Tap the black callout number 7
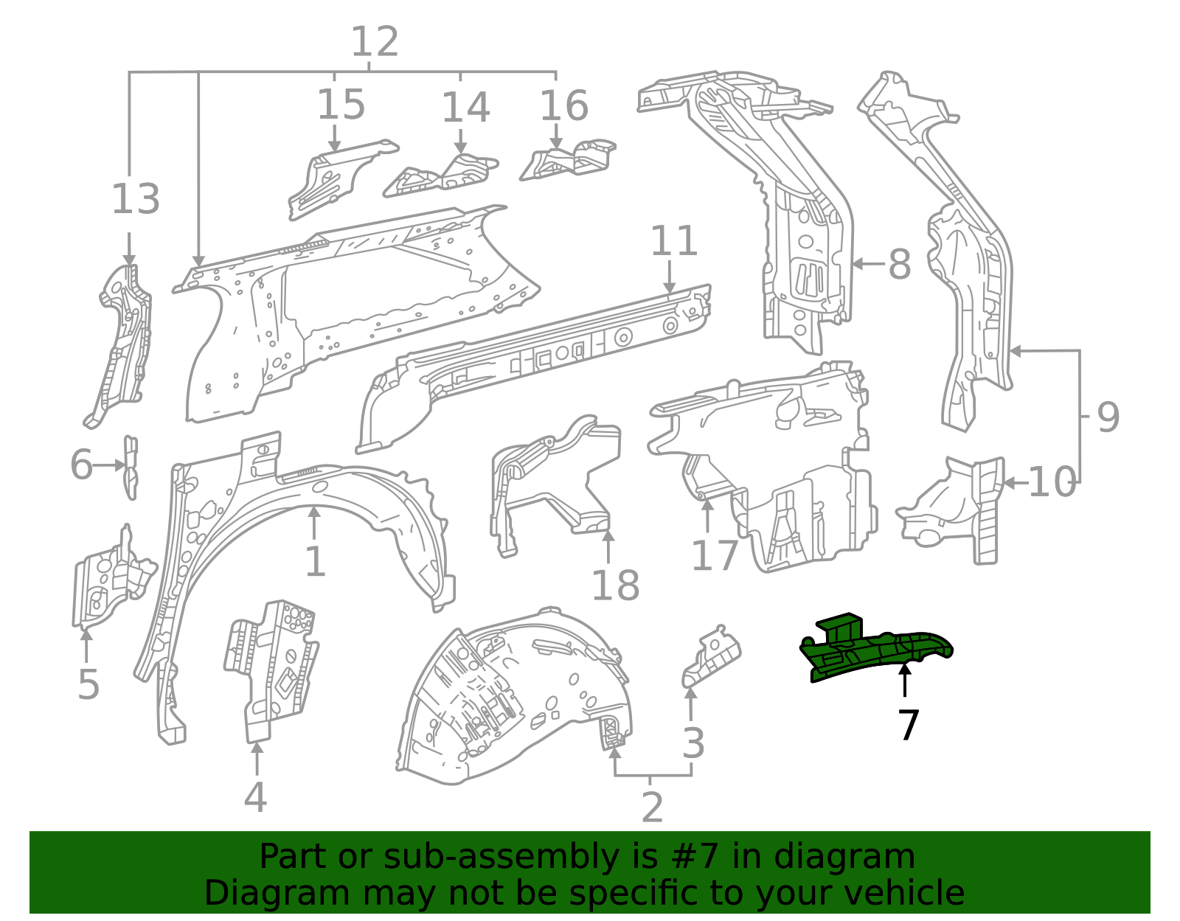click(x=909, y=726)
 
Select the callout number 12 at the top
click(x=375, y=42)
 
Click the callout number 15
click(x=341, y=105)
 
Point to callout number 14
click(x=465, y=108)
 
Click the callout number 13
click(x=135, y=199)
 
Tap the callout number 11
click(x=673, y=241)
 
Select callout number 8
click(x=899, y=264)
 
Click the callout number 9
click(x=1108, y=417)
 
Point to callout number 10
click(x=1052, y=483)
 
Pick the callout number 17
click(x=714, y=555)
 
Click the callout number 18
click(x=615, y=586)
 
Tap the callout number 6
click(x=81, y=465)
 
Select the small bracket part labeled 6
click(x=131, y=467)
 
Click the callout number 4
click(x=255, y=798)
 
